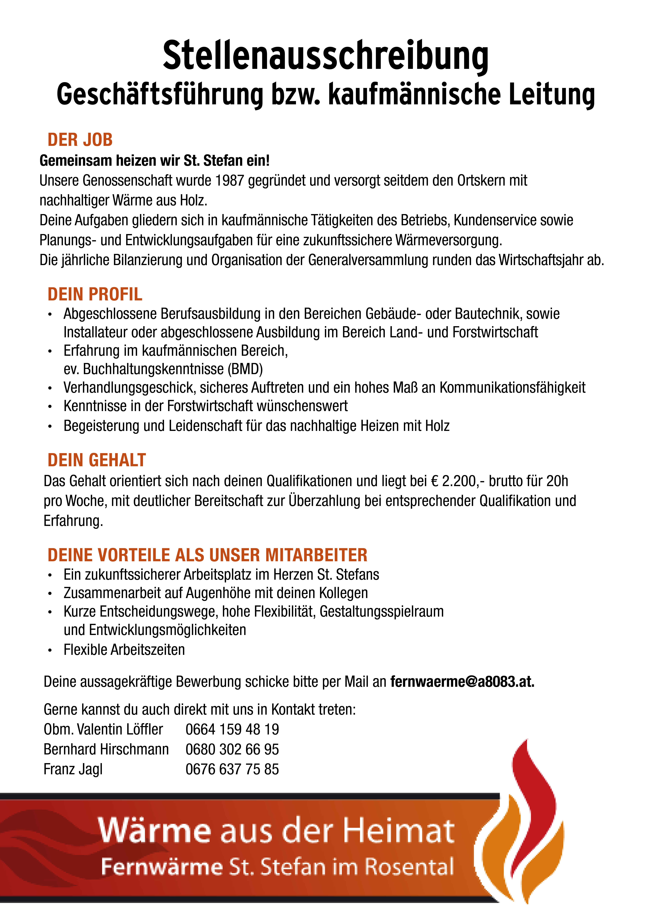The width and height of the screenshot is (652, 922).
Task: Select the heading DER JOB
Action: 80,140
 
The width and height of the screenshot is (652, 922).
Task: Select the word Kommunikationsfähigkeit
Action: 512,388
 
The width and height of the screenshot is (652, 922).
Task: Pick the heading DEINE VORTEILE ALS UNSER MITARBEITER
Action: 207,555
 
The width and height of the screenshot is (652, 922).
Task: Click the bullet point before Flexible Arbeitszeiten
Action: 50,650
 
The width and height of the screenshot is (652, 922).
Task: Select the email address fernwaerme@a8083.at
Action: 462,682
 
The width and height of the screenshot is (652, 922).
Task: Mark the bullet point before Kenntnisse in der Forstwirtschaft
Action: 50,406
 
